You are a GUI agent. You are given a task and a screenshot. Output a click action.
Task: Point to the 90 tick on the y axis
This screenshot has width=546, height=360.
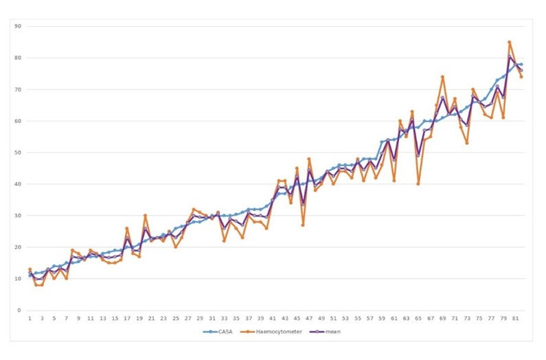19,26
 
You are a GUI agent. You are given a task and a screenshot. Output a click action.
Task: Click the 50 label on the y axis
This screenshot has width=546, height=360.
19,153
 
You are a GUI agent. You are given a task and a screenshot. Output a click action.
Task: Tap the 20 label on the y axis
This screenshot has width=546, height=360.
19,247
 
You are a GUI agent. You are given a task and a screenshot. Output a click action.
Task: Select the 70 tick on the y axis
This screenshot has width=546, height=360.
19,89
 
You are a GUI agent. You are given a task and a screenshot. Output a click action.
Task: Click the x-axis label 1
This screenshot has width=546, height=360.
30,319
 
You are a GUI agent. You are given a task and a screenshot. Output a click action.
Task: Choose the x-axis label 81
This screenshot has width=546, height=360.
515,319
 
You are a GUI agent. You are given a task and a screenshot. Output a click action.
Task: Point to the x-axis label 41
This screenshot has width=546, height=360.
273,319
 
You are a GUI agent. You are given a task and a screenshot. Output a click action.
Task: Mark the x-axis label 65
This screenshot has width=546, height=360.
418,319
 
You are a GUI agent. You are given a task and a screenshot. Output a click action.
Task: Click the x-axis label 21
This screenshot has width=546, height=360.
151,319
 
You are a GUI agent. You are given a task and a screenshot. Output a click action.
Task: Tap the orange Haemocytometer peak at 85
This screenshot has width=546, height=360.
509,42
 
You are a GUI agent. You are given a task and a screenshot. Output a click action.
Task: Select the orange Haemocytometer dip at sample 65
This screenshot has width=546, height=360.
418,184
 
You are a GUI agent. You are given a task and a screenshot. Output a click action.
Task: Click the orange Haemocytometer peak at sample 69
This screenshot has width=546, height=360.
442,77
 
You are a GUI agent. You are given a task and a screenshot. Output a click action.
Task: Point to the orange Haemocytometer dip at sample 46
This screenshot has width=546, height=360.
303,225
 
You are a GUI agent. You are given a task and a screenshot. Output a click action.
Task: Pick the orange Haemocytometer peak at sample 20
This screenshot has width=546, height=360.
145,216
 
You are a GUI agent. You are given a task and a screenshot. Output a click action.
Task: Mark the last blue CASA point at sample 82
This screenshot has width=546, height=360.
521,65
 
